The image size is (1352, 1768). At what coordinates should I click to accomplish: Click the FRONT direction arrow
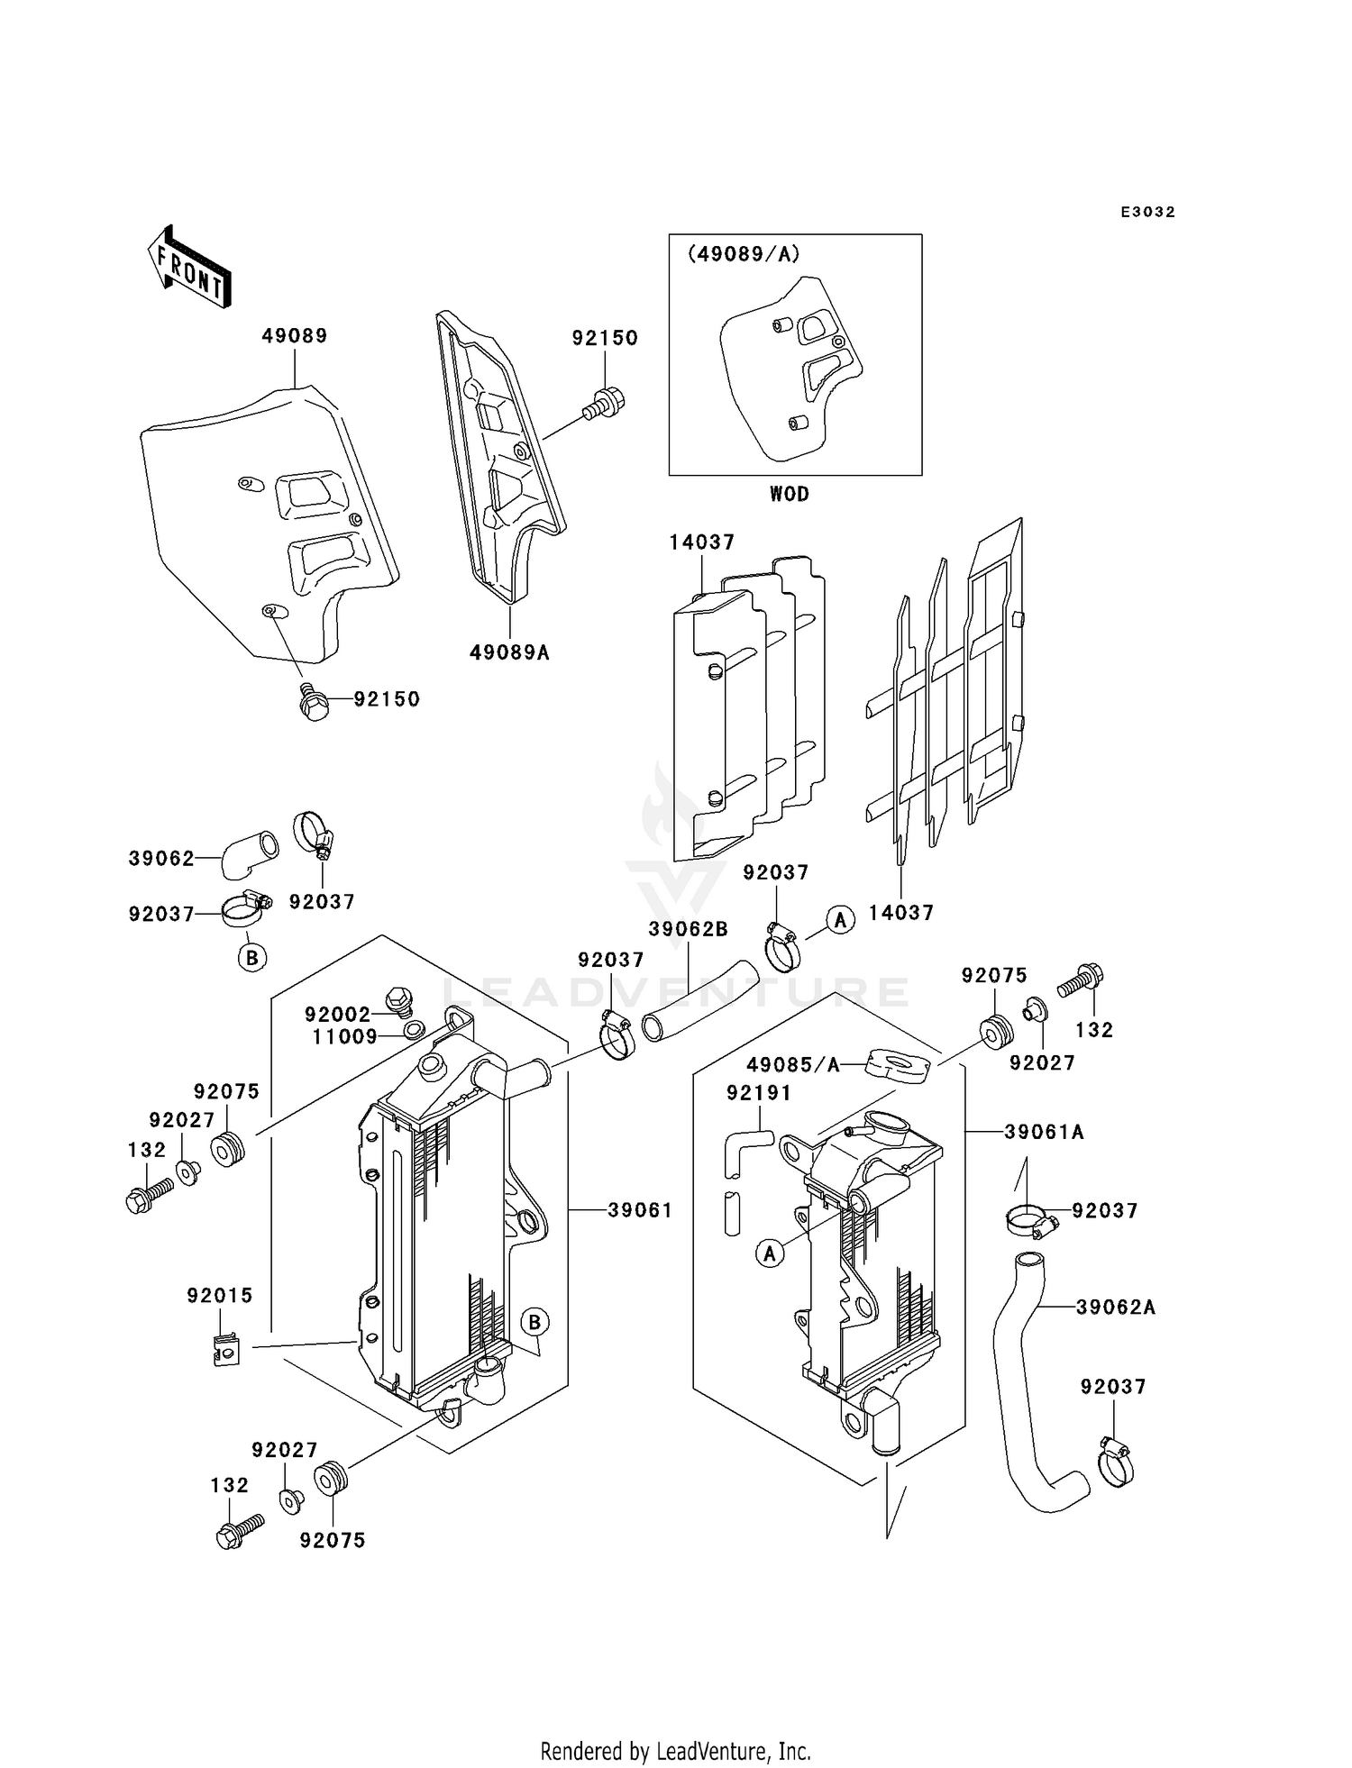click(189, 267)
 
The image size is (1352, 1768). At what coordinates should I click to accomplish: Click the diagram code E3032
click(1147, 212)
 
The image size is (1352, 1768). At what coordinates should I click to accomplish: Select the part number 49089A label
click(509, 652)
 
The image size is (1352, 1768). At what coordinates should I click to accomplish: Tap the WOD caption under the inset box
click(789, 494)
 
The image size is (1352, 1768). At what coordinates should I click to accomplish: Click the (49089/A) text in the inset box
click(744, 254)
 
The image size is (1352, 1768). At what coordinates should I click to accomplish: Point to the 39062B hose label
click(688, 929)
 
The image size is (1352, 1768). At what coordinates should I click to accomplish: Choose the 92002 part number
click(337, 1014)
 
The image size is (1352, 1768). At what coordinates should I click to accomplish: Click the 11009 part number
click(345, 1037)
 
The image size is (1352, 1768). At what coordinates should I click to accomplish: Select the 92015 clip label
click(220, 1295)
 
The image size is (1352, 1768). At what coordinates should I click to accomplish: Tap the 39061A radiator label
click(1044, 1132)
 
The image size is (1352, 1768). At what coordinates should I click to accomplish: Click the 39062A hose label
click(1115, 1307)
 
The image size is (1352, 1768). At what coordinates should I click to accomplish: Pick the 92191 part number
click(759, 1093)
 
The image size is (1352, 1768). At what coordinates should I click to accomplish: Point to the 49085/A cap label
click(793, 1065)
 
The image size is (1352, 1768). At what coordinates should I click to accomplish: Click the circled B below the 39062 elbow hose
click(252, 957)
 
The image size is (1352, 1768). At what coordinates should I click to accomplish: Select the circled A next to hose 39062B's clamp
click(841, 920)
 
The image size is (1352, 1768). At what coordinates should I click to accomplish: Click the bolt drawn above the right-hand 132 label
click(1081, 980)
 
